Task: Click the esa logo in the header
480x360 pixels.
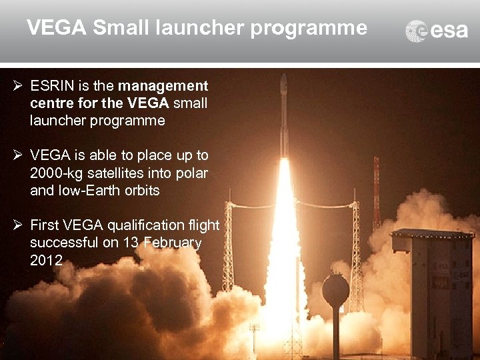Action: [437, 31]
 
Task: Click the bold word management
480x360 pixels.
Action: [163, 86]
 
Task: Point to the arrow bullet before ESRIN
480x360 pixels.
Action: [18, 86]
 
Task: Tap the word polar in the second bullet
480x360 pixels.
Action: [192, 173]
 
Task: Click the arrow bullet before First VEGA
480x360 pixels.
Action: [18, 225]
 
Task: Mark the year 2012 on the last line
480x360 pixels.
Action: [46, 260]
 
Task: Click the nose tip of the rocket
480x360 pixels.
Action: [284, 75]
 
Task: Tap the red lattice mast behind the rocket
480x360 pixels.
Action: [377, 193]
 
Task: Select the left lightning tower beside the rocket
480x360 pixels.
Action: [228, 247]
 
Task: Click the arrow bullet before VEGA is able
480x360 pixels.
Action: [18, 155]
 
